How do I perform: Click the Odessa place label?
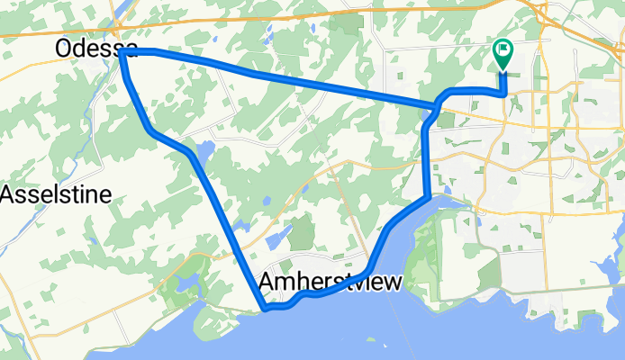pos(95,48)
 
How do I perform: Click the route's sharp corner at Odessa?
pos(121,53)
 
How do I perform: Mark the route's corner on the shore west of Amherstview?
pos(264,310)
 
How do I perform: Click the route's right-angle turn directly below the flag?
pos(502,92)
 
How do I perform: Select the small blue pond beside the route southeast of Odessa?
pos(204,148)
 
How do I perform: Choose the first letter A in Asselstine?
pos(8,193)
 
